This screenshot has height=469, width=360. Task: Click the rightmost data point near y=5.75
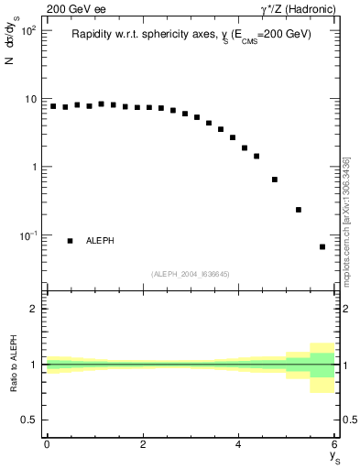(322, 246)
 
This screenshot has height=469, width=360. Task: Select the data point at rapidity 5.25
(299, 210)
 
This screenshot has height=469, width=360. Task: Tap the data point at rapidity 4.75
(275, 180)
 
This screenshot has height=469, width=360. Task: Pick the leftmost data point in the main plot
(53, 106)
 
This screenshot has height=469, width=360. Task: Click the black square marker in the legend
(70, 241)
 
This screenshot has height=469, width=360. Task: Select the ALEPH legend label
(100, 241)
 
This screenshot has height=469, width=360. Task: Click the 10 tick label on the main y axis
(29, 99)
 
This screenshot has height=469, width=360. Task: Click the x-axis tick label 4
(238, 444)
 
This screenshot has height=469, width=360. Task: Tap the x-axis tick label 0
(47, 444)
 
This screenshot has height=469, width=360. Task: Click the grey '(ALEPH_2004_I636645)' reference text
(190, 272)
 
